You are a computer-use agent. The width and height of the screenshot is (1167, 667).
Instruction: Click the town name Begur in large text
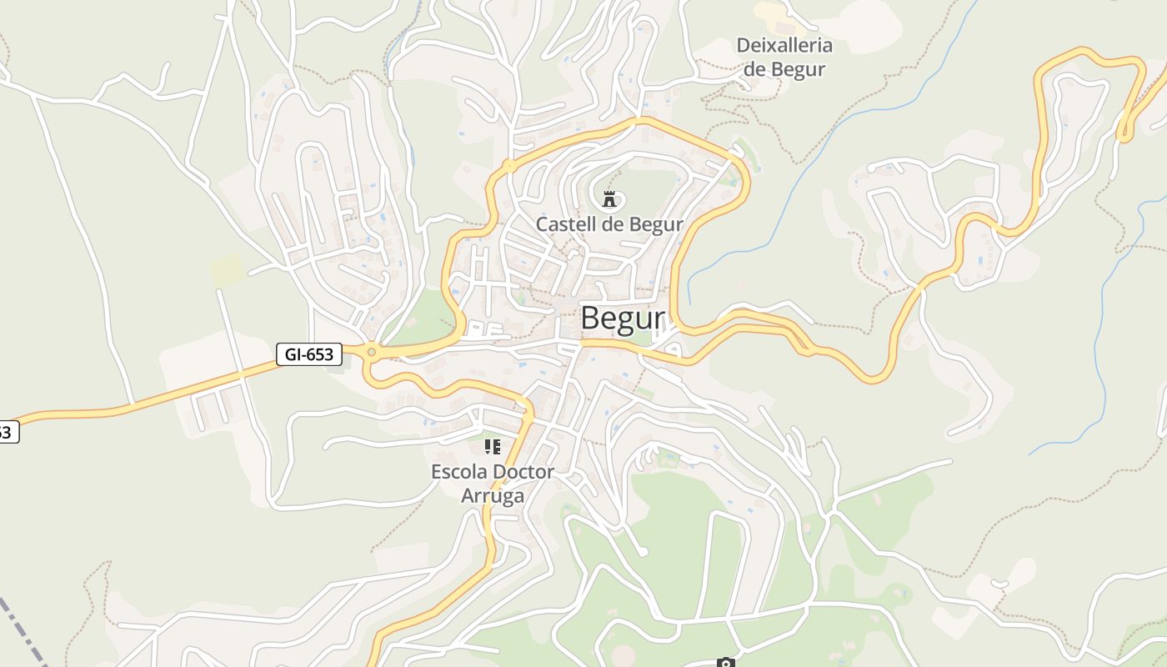623,318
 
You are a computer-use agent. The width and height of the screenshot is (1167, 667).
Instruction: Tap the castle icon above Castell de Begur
609,198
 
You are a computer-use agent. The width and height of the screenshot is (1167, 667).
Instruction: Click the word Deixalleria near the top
784,46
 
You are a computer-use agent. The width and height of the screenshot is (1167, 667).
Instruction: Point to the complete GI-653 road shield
308,354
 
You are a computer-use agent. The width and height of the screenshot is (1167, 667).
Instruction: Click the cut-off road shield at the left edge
7,432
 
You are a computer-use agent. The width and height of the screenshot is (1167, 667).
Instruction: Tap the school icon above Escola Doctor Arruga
493,447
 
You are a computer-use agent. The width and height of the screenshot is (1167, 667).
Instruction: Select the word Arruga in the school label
493,496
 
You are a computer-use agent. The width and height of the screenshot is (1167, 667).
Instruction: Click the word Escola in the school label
458,472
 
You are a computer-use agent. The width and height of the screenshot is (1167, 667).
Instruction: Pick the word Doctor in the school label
523,472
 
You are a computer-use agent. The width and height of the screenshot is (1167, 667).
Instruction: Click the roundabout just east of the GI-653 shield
371,353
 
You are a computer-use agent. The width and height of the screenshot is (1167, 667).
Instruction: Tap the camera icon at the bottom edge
725,663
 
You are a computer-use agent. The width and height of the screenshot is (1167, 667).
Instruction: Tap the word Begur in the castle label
655,224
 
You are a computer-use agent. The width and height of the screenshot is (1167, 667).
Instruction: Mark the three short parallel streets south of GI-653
213,406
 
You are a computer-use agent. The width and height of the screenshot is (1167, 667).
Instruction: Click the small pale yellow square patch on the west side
228,270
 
